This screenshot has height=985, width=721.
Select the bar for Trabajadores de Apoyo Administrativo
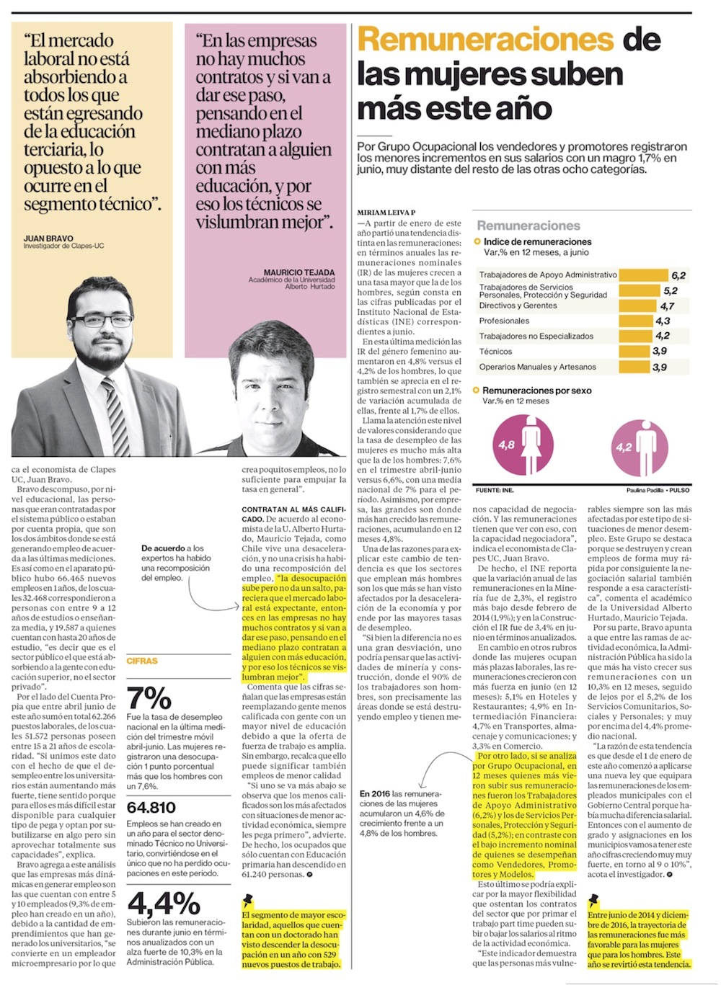tap(644, 275)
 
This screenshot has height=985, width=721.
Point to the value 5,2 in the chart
tap(671, 291)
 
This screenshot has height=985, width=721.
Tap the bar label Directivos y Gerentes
tap(518, 306)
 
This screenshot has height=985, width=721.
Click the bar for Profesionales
tap(636, 321)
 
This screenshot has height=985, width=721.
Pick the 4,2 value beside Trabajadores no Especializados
tap(663, 336)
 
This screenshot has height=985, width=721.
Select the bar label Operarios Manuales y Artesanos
tap(537, 367)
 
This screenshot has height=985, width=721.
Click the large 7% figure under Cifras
tap(149, 698)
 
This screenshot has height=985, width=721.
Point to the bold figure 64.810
tap(151, 807)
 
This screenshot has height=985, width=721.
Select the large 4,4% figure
tap(164, 904)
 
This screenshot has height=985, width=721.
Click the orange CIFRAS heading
tap(141, 661)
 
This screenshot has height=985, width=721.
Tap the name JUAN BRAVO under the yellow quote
tap(48, 239)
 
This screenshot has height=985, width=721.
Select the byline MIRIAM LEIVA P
tap(386, 213)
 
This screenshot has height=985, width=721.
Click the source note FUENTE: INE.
tap(495, 491)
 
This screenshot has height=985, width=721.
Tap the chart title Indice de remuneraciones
tap(537, 242)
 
